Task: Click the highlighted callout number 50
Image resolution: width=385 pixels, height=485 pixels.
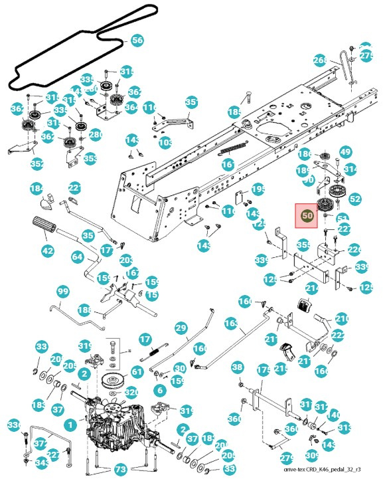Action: tap(307, 215)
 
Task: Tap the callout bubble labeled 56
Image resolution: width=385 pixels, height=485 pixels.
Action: tap(137, 41)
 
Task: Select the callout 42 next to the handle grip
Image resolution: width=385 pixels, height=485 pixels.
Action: tap(47, 251)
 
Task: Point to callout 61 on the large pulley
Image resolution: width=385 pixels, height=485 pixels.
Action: tap(137, 372)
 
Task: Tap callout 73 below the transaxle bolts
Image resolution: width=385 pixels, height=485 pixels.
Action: tap(120, 469)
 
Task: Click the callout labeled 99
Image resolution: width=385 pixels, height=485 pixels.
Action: tap(63, 292)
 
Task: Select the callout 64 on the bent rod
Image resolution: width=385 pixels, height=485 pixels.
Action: tap(77, 257)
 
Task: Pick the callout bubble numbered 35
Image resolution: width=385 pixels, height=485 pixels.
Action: tap(88, 235)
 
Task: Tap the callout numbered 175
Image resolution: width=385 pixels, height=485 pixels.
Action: tap(263, 369)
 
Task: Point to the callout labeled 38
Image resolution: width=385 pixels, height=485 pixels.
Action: tap(238, 367)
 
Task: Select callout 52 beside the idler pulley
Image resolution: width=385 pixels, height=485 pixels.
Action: tap(355, 198)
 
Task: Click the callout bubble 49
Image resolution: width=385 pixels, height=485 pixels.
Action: tap(345, 152)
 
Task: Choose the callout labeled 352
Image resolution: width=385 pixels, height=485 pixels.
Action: tap(37, 164)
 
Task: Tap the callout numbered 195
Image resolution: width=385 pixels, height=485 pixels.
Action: tap(258, 189)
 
